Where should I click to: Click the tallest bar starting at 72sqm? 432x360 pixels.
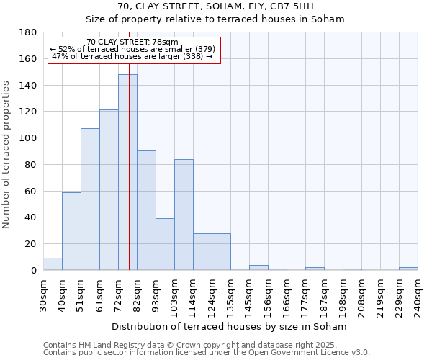127,173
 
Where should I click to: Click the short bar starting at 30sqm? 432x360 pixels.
53,264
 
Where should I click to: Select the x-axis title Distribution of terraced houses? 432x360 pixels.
230,326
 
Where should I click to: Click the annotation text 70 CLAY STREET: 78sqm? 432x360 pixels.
132,42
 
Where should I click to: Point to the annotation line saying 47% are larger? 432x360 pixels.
132,56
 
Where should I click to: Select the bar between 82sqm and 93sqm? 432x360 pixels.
146,210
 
